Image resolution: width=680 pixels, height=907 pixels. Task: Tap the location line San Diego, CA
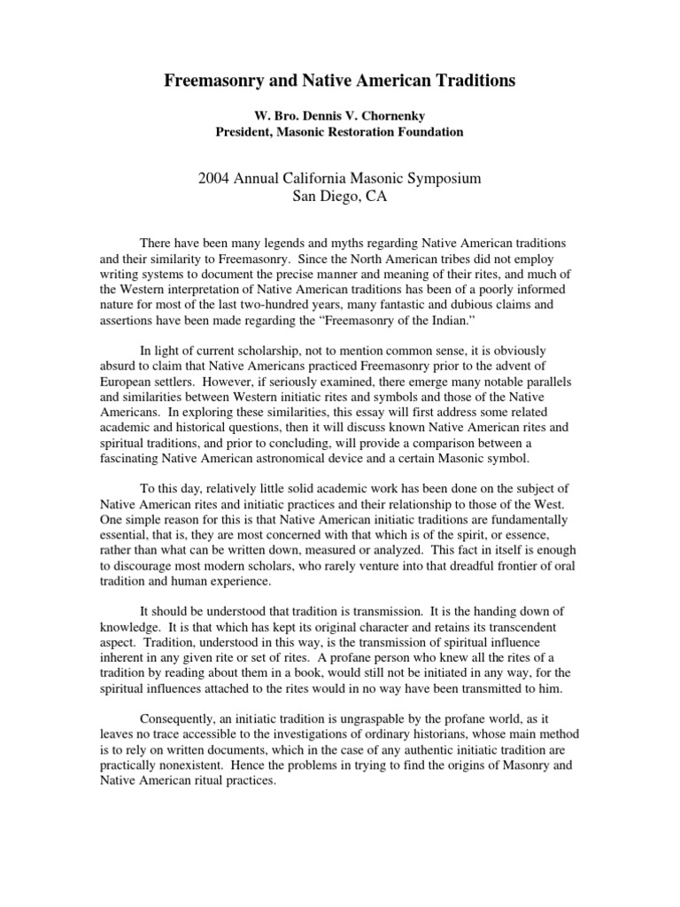340,197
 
